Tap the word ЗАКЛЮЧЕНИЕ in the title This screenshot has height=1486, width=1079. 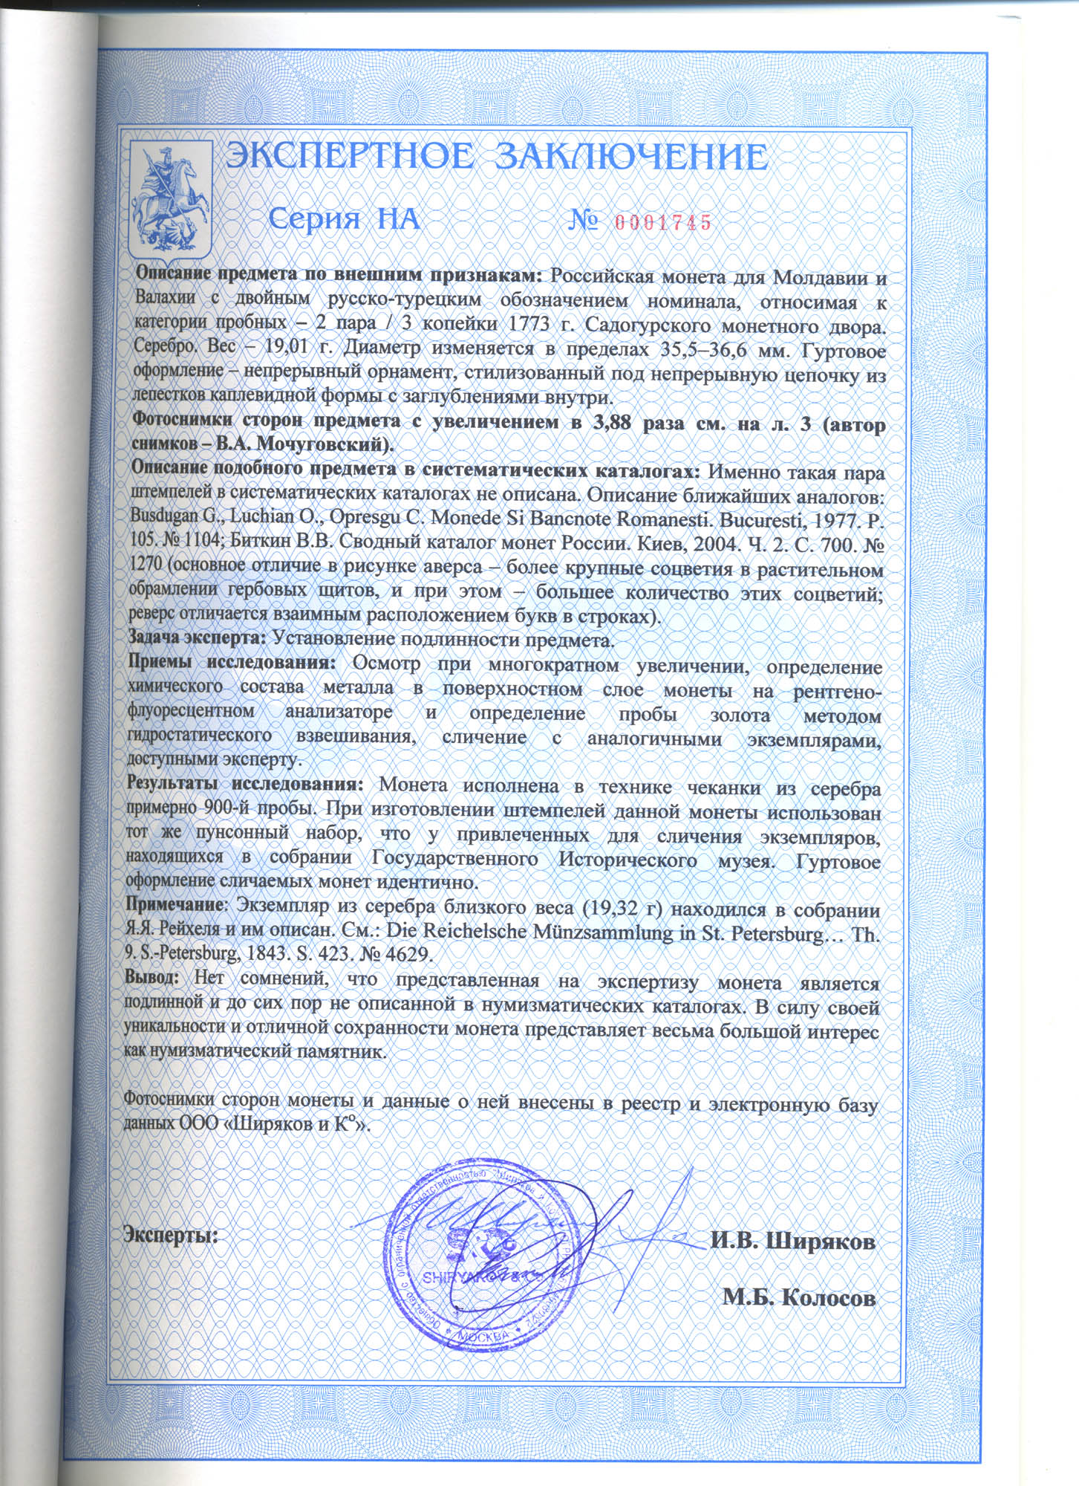(630, 158)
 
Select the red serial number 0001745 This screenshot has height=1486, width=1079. (663, 221)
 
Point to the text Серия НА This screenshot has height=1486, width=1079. (344, 220)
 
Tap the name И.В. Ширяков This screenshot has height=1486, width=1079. (792, 1242)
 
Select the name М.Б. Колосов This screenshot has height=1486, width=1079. (799, 1298)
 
